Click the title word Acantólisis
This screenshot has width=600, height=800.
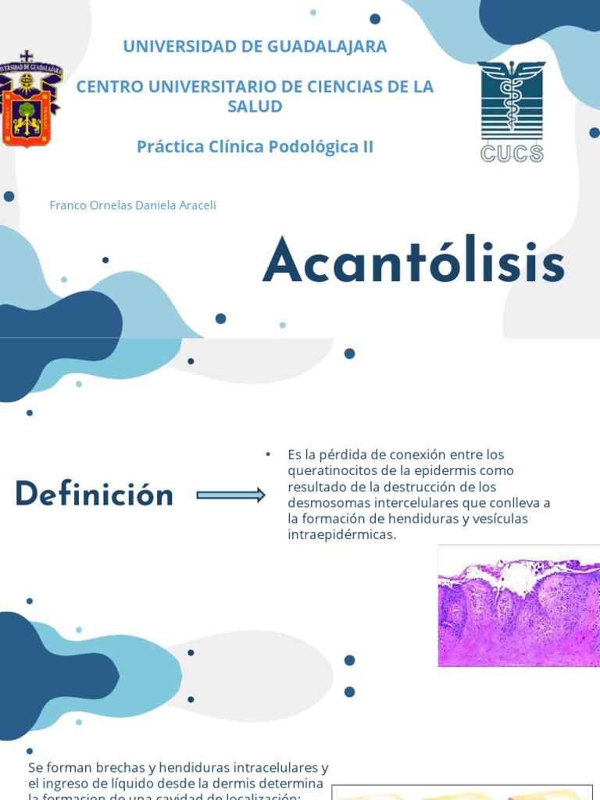click(x=413, y=263)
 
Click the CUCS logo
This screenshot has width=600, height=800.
click(x=512, y=112)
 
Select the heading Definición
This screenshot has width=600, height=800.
click(x=94, y=495)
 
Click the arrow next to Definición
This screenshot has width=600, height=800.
click(x=230, y=495)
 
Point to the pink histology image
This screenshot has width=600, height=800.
click(x=519, y=605)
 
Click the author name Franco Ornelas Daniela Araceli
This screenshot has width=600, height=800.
click(x=132, y=205)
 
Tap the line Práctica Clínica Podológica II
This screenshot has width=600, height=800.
click(x=255, y=146)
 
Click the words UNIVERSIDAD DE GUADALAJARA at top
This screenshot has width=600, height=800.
click(x=255, y=46)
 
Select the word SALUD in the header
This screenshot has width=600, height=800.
click(x=255, y=106)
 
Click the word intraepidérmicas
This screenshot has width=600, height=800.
click(x=341, y=534)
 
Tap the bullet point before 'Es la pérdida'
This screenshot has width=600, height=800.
click(x=267, y=454)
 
